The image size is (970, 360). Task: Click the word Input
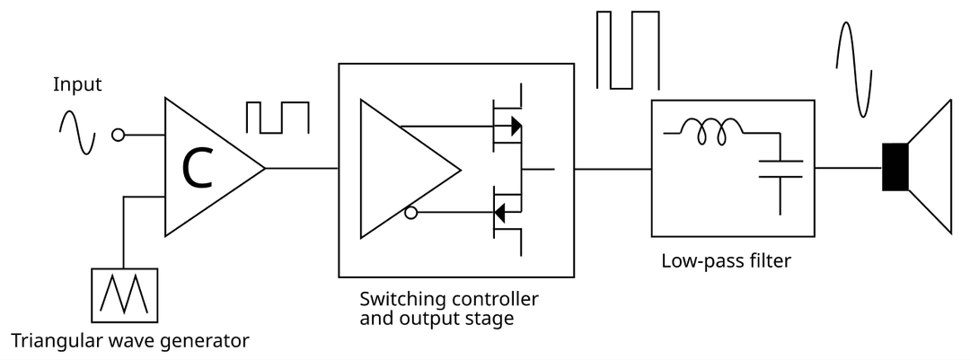(78, 85)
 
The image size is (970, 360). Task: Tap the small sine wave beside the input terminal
(78, 133)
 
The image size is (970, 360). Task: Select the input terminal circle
(118, 136)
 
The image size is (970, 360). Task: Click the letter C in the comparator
(198, 168)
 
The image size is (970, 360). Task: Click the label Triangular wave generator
(129, 340)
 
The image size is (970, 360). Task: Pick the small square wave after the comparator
(278, 118)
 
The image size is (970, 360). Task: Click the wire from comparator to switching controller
(302, 168)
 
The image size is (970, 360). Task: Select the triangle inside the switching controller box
(400, 169)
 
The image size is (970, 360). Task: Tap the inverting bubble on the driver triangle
(410, 214)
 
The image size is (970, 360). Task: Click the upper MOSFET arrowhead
(516, 126)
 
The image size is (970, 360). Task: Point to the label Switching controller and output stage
(449, 308)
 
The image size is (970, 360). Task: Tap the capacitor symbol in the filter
(780, 169)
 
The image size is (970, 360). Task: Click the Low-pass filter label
(726, 262)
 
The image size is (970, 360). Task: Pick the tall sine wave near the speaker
(852, 69)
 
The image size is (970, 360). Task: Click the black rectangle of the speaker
(895, 167)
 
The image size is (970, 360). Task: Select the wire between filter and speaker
(848, 168)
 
